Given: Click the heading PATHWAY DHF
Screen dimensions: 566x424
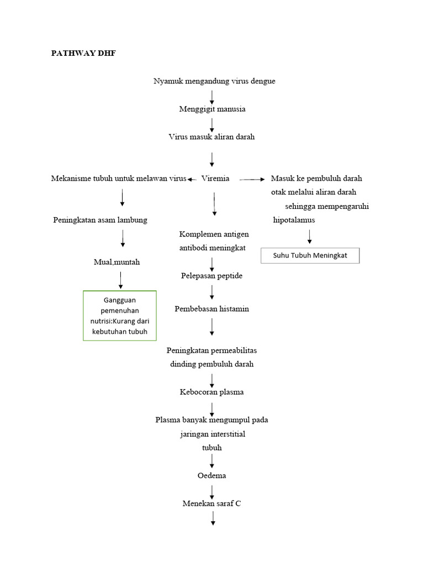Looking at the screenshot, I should click(84, 54).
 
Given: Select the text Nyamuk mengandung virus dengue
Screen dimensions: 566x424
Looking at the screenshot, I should click(214, 81).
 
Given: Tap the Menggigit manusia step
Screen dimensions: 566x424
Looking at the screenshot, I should click(212, 109).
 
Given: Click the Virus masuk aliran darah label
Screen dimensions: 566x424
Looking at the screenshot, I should click(211, 137).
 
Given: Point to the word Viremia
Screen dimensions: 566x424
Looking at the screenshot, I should click(216, 179).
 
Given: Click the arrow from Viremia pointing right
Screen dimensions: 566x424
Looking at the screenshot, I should click(252, 179).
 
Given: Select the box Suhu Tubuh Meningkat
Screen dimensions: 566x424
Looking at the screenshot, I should click(310, 256).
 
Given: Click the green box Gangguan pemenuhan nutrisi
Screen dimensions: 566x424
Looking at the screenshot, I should click(120, 316).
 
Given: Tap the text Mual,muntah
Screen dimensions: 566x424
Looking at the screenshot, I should click(116, 262).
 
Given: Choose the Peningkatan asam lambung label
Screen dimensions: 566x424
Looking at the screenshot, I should click(100, 220).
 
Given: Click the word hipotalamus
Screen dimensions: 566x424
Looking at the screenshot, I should click(294, 220).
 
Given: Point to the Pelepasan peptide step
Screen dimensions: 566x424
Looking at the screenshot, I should click(211, 275).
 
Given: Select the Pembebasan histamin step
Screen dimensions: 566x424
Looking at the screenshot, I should click(211, 308).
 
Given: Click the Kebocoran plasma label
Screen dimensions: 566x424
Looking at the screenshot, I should click(211, 392).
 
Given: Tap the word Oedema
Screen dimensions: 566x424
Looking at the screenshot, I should click(211, 475).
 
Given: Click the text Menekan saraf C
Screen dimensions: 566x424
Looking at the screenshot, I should click(211, 504).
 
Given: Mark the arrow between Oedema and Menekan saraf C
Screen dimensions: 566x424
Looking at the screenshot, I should click(212, 490).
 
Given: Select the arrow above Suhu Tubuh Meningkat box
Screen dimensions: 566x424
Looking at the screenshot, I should click(309, 237).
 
